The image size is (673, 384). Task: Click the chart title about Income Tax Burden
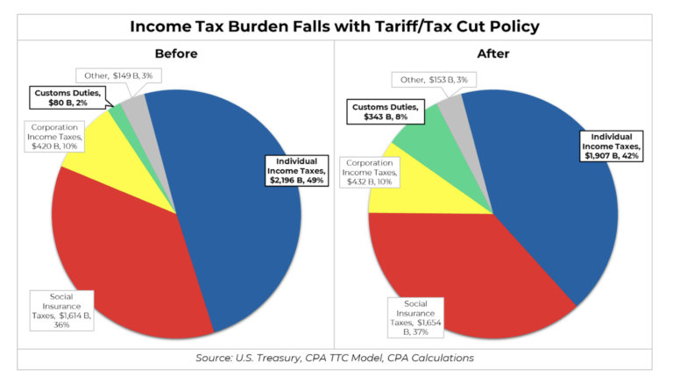[336, 25]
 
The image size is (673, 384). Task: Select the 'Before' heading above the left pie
[176, 53]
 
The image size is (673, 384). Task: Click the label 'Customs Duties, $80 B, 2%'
[67, 98]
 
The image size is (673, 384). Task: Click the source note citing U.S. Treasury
[336, 359]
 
